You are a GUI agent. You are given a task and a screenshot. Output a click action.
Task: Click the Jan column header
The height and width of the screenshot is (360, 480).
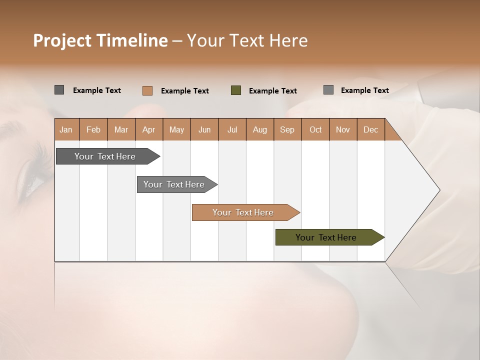pyautogui.click(x=66, y=129)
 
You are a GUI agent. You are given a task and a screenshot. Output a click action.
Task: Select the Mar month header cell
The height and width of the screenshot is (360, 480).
pyautogui.click(x=121, y=129)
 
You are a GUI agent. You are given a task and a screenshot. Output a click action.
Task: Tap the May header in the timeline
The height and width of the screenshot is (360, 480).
pyautogui.click(x=176, y=129)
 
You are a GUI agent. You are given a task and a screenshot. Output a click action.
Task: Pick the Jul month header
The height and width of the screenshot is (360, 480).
pyautogui.click(x=232, y=129)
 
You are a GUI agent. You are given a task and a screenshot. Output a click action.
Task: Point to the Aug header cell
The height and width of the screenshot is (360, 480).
pyautogui.click(x=259, y=129)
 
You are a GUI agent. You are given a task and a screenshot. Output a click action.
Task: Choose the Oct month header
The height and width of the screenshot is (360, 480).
pyautogui.click(x=315, y=129)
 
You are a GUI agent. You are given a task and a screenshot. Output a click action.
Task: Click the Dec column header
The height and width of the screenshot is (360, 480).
pyautogui.click(x=370, y=129)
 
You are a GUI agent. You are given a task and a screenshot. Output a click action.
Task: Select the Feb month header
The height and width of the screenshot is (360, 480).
pyautogui.click(x=93, y=129)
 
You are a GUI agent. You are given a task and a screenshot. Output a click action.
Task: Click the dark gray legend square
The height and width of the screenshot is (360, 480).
pyautogui.click(x=59, y=90)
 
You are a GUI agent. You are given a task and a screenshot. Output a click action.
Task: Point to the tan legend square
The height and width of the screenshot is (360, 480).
pyautogui.click(x=147, y=90)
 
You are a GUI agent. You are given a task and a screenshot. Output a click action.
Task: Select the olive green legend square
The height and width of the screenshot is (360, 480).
pyautogui.click(x=236, y=90)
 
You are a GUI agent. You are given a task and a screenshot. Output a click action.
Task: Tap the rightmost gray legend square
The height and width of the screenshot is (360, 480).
pyautogui.click(x=328, y=90)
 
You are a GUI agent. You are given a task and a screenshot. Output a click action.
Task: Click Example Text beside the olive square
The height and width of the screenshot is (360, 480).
pyautogui.click(x=272, y=91)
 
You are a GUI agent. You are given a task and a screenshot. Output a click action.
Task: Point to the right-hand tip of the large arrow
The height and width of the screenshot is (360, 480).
pyautogui.click(x=439, y=190)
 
